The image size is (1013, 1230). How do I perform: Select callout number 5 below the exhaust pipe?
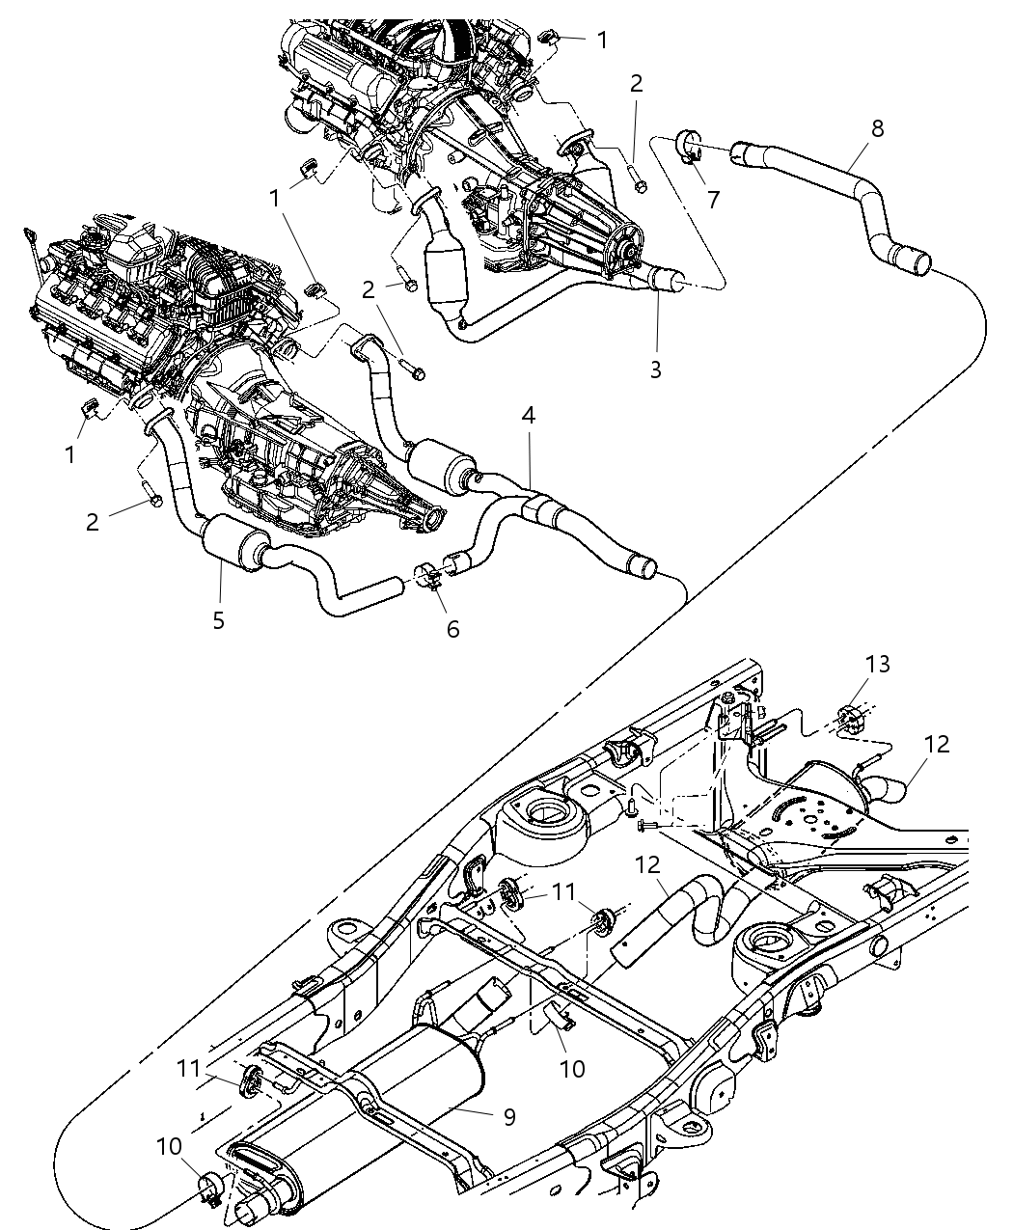[219, 619]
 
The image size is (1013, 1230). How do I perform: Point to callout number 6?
[452, 629]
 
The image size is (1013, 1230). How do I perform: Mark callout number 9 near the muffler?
[508, 1116]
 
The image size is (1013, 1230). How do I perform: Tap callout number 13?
[851, 665]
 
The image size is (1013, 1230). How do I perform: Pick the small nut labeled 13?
[849, 718]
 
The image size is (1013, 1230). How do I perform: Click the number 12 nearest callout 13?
[936, 744]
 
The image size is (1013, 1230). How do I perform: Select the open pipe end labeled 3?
[671, 281]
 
